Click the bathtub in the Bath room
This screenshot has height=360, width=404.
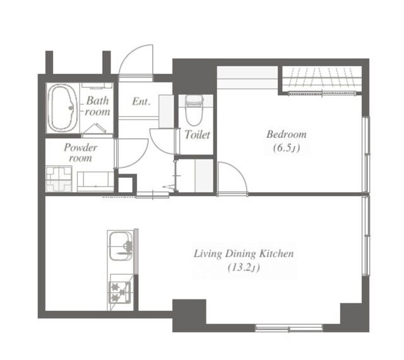coord(62,108)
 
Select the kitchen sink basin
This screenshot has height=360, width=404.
coord(121,246)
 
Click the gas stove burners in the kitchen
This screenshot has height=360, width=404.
coord(120,292)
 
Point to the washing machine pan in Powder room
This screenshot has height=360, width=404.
coord(59,179)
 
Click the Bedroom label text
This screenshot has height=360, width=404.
coord(287,134)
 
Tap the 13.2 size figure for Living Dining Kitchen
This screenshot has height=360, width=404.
coord(244,268)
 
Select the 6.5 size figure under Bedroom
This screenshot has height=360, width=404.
coord(287,148)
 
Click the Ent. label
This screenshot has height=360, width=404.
coord(141,102)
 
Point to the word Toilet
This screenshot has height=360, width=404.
coord(198,134)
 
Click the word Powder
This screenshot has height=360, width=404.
coord(81,148)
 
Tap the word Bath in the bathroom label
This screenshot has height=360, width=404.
coord(97,100)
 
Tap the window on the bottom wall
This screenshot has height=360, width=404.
coord(288,328)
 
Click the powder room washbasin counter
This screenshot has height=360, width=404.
coord(95,182)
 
